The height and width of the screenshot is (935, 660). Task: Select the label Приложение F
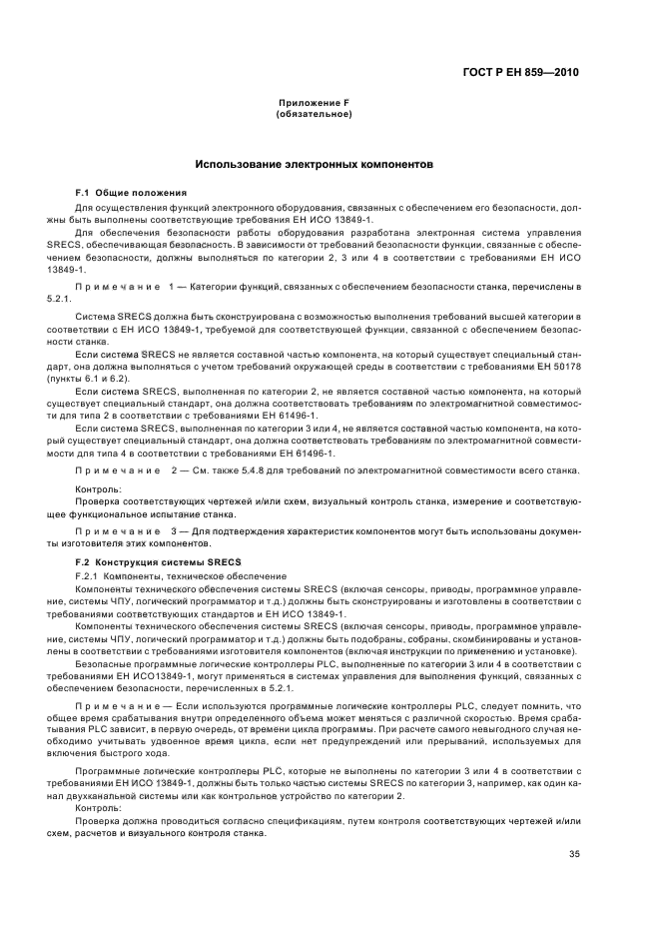coord(314,104)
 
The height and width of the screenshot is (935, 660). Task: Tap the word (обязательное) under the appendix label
coord(314,114)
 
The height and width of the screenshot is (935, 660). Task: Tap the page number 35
coord(574,853)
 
